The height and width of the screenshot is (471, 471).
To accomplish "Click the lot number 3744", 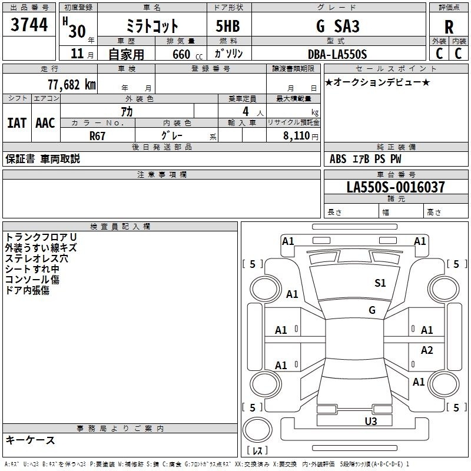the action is coord(29,24).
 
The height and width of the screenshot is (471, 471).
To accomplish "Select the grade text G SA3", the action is coord(337,26).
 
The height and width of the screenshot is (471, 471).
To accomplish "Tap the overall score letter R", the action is coord(449,27).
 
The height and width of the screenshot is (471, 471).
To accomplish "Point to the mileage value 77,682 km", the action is coord(72,85).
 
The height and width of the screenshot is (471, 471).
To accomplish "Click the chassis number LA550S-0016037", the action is coord(396,187).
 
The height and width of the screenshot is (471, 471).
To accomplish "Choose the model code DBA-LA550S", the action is coord(337,54).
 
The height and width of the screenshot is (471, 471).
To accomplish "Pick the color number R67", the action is coord(97,136).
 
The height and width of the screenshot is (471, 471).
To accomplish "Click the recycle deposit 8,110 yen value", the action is coord(300,136).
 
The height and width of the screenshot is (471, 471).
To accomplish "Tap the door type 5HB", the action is coord(228,26).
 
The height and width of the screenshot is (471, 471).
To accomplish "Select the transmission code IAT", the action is coord(16,123).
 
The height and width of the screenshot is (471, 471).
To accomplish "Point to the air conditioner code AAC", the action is coord(45,123).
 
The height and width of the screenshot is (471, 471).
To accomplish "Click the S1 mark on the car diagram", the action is coord(380,283).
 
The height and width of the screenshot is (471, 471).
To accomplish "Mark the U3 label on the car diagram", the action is coord(371,422).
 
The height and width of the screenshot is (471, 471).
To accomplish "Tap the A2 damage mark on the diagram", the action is coord(427,350).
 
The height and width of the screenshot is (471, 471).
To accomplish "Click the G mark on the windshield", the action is coord(372,310).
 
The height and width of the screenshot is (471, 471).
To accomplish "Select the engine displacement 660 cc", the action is coord(187,55).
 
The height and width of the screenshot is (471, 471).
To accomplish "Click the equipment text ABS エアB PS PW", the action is coord(365,159).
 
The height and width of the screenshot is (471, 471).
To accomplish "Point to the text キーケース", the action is coord(31,440).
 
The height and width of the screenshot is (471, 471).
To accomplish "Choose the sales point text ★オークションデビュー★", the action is coord(377,82).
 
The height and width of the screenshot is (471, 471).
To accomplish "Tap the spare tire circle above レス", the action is coord(257,430).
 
